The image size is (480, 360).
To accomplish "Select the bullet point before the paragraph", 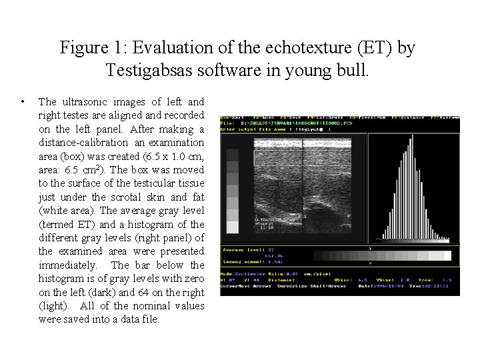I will (x=23, y=102).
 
